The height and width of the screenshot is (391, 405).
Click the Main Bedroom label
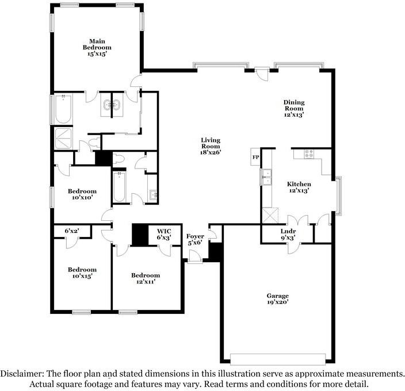[x=97, y=48]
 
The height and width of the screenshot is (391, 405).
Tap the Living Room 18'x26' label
[x=211, y=146]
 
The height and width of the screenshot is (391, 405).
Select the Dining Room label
[x=294, y=109]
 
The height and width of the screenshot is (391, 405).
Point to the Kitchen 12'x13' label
[x=299, y=187]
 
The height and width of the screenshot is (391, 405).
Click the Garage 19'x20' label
[x=278, y=299]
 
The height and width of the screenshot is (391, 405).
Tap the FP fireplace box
[x=255, y=156]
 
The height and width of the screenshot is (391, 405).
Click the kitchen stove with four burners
[x=309, y=154]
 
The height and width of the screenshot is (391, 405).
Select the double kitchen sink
[x=266, y=177]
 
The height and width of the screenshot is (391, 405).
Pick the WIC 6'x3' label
[x=164, y=234]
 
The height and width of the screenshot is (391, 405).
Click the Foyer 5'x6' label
[x=195, y=239]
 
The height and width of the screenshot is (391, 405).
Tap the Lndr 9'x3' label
[x=288, y=235]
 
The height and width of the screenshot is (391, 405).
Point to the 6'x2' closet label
[x=72, y=231]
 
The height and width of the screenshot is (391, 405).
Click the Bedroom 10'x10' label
[x=82, y=194]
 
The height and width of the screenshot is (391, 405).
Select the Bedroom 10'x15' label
[x=82, y=273]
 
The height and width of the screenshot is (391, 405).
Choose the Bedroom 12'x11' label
[x=146, y=278]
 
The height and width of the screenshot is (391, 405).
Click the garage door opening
[x=278, y=359]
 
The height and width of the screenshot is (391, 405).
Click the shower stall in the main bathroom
[x=63, y=139]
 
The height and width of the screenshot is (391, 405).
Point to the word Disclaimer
[x=21, y=374]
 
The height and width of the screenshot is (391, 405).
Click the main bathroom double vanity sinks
[x=112, y=105]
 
